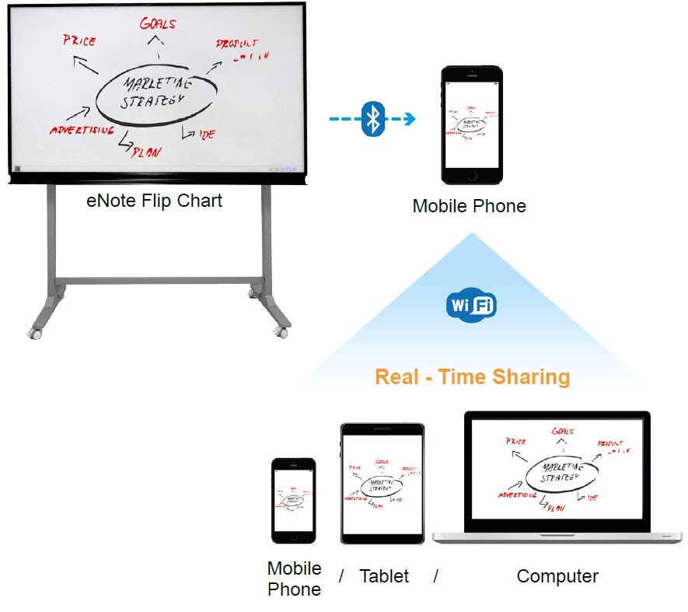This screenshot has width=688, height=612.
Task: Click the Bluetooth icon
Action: [x=374, y=119]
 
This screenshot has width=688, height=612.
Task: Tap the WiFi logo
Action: [x=471, y=305]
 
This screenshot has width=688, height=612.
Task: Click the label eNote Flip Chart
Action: [x=154, y=201]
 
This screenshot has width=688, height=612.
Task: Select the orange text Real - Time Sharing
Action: [x=472, y=377]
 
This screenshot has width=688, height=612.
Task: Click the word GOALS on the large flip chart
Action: [x=157, y=23]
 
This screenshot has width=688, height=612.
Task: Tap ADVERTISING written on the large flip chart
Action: [x=82, y=130]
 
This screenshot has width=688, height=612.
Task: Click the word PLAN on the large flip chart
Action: [x=147, y=152]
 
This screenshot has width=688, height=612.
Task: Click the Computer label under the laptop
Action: [x=557, y=576]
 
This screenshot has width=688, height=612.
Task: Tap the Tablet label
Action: [x=383, y=576]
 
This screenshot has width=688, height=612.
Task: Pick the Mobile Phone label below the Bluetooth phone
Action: [x=469, y=206]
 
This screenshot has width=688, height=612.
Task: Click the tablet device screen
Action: [x=382, y=483]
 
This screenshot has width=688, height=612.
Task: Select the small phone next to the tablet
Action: [x=293, y=500]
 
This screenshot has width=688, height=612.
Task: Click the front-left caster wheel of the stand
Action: [x=34, y=331]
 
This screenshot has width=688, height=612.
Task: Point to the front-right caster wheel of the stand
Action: [x=280, y=330]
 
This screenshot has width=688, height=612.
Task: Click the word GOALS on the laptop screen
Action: [x=562, y=431]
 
